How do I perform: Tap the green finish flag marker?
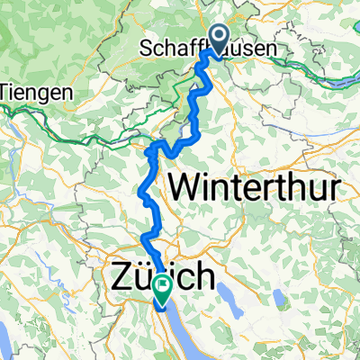click(x=163, y=289)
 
